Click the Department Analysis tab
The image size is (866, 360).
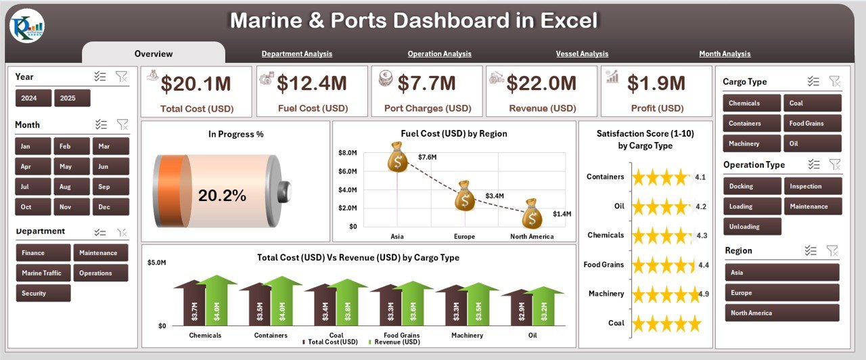[x=297, y=53]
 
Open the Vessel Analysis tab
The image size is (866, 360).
[x=582, y=53]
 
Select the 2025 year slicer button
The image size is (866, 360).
[x=72, y=98]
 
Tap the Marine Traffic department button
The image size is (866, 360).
[x=42, y=273]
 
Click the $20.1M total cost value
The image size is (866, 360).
[x=196, y=83]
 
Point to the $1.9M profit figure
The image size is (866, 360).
[x=656, y=83]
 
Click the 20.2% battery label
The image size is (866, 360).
[x=222, y=196]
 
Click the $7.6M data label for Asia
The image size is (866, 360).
[x=427, y=157]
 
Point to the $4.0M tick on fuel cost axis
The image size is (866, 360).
[x=348, y=189]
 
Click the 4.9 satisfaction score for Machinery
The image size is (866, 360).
[x=703, y=294]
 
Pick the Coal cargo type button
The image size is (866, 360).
[x=812, y=103]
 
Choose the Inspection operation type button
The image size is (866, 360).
[x=813, y=186]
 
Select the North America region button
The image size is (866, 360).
[x=781, y=313]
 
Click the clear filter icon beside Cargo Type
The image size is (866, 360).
[x=835, y=82]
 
